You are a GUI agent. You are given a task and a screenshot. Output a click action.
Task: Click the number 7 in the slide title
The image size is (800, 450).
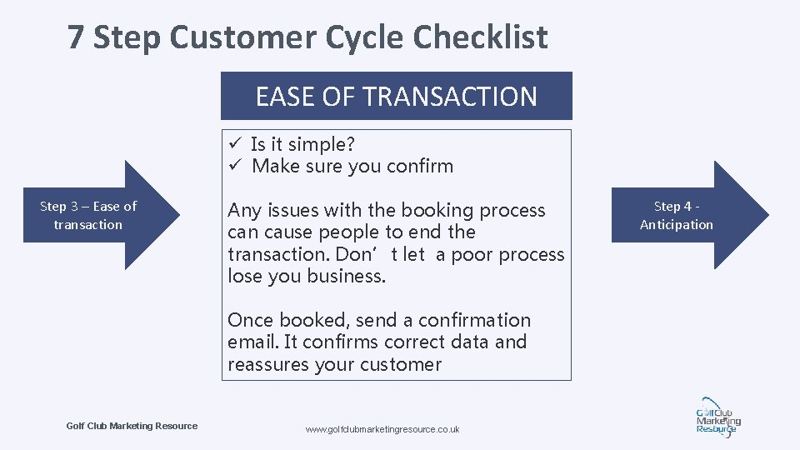(x=77, y=37)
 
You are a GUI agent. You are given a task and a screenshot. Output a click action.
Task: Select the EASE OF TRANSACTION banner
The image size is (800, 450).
(x=396, y=96)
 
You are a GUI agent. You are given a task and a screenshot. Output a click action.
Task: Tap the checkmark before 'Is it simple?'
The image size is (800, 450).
(x=235, y=144)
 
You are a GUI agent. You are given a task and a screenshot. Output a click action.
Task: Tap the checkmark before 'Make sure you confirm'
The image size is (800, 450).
(x=235, y=166)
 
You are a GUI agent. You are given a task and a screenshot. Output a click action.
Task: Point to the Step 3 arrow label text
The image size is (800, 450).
(x=88, y=215)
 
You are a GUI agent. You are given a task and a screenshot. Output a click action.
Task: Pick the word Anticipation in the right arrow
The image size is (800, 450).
(x=677, y=224)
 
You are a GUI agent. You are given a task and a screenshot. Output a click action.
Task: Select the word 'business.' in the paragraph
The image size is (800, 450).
(x=347, y=276)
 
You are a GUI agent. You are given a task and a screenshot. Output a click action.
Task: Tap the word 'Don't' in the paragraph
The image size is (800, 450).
(x=392, y=254)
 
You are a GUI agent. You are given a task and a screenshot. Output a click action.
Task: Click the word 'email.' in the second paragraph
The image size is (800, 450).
(x=253, y=342)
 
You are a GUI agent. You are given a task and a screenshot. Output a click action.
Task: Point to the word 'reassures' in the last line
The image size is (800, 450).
(x=267, y=364)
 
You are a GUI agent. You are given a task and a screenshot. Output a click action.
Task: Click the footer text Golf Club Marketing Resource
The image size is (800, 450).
(x=132, y=426)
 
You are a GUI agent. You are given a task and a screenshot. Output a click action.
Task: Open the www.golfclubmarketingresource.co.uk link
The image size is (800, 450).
(x=382, y=429)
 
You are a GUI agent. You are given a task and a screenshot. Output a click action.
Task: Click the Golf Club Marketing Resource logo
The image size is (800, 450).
(x=716, y=417)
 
